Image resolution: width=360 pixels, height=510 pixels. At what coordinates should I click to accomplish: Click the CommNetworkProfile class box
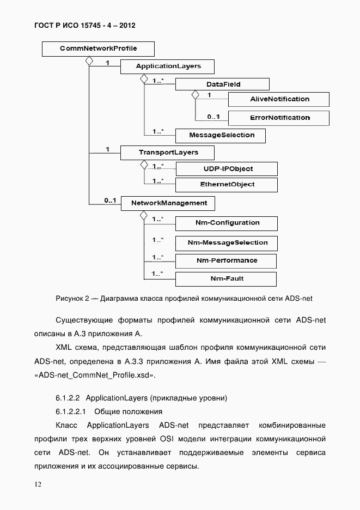coord(98,49)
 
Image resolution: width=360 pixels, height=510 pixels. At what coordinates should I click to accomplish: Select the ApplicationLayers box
coord(167,66)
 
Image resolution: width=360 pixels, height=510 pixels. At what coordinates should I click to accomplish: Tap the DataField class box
coord(222,84)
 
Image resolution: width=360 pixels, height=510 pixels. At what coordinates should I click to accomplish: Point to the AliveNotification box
coord(278,99)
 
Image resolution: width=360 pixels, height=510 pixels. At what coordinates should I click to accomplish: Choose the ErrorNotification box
coord(278,118)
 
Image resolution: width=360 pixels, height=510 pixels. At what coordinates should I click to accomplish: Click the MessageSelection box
coord(221,135)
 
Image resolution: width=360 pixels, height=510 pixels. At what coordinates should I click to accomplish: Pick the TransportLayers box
coord(167,152)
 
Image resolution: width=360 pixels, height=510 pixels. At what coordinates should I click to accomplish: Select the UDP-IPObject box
coord(226,169)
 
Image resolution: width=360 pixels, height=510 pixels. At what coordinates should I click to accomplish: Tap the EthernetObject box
coord(226,185)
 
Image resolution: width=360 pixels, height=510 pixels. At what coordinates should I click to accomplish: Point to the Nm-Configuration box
coord(226,223)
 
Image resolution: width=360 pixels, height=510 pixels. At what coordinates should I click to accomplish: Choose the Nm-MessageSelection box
coord(226,242)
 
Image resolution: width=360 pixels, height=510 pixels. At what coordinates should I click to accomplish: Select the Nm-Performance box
coord(226,260)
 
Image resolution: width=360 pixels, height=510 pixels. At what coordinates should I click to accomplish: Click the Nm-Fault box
coord(226,279)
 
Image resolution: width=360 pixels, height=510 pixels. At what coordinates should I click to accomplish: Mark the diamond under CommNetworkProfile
coord(88,62)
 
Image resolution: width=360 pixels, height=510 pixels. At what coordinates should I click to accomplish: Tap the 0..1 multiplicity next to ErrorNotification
coord(213,117)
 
